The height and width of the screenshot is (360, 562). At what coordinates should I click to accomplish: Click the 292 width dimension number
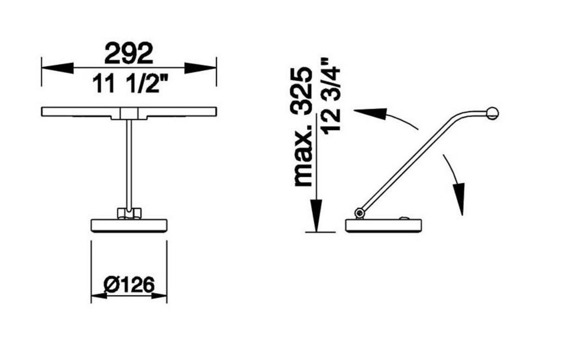tap(128, 53)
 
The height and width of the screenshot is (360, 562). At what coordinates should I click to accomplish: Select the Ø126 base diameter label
tap(129, 285)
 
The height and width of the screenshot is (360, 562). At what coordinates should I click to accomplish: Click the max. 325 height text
tap(303, 127)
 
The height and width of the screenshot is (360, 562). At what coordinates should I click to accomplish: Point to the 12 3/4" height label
tap(330, 95)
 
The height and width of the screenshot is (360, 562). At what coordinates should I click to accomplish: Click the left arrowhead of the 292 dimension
tap(58, 67)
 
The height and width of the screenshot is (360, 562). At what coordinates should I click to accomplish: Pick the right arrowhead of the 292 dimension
tap(200, 67)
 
